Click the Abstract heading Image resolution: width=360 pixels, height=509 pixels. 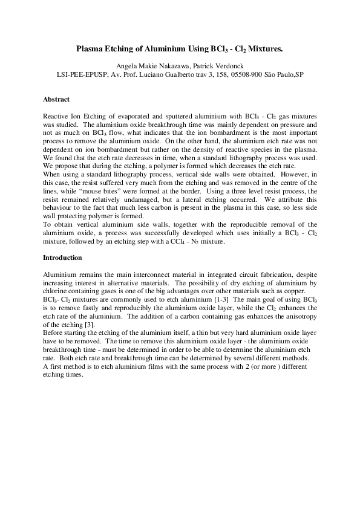point(56,99)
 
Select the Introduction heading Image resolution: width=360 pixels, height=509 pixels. point(62,258)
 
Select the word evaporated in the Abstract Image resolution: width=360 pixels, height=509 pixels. point(126,115)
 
